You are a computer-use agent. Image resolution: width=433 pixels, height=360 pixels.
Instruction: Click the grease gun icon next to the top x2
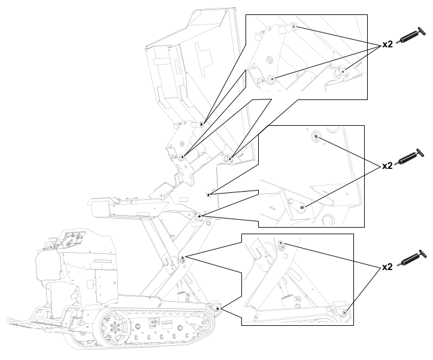click(413, 35)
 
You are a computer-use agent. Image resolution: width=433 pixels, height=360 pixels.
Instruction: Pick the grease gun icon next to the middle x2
click(413, 156)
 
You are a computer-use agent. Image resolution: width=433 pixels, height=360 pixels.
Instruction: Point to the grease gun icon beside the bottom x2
click(413, 259)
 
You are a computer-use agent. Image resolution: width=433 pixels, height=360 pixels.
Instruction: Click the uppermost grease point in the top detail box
click(294, 28)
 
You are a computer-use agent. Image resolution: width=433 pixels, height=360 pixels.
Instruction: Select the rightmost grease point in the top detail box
click(343, 72)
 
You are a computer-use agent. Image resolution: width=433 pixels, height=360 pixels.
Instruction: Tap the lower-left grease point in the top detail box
click(272, 78)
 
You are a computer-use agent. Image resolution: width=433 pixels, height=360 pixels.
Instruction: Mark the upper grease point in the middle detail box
click(315, 137)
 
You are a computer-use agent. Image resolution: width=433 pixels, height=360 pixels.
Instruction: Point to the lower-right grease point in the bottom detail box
click(344, 312)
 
